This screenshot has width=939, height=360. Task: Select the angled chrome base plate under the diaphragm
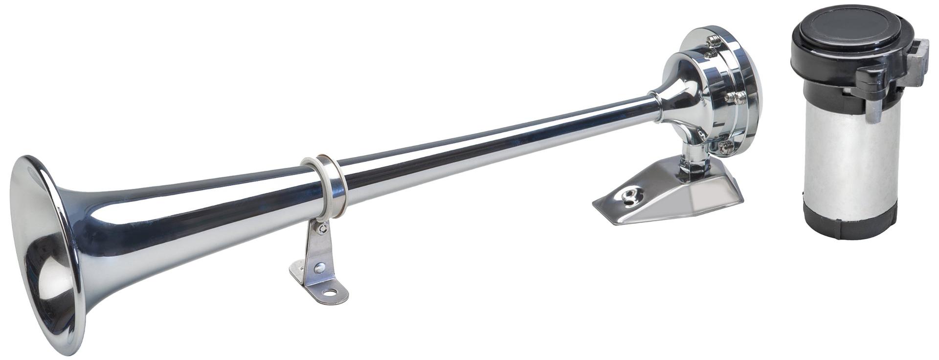pos(685,201)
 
